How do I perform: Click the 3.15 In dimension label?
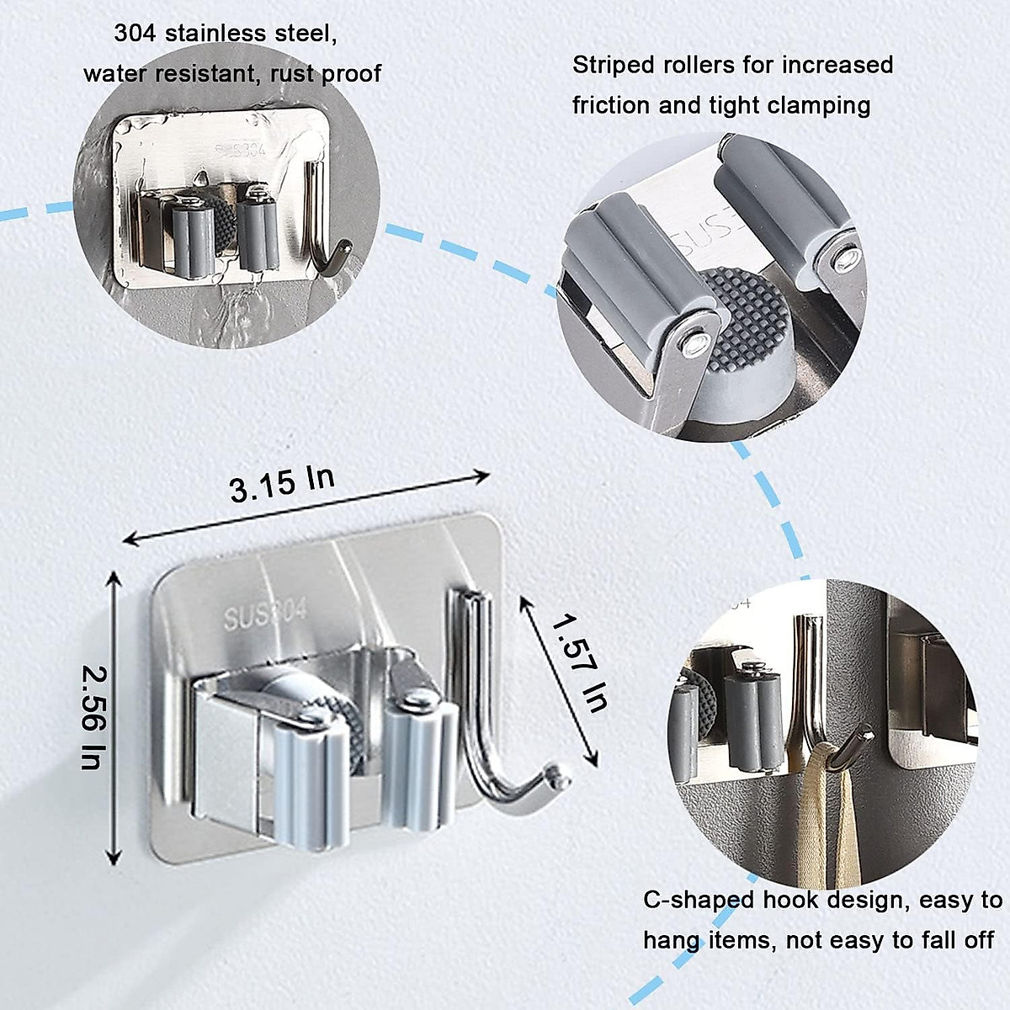pos(282,484)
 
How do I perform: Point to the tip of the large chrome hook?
pos(553,770)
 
